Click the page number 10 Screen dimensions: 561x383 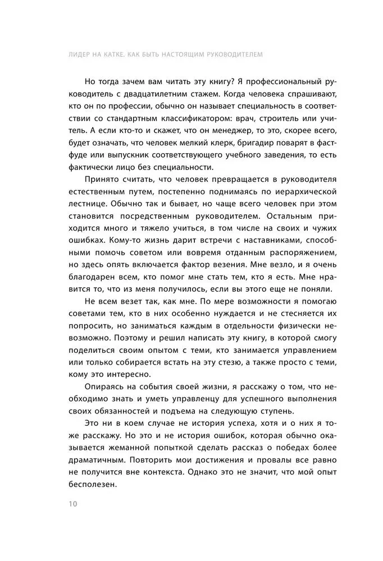point(73,503)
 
